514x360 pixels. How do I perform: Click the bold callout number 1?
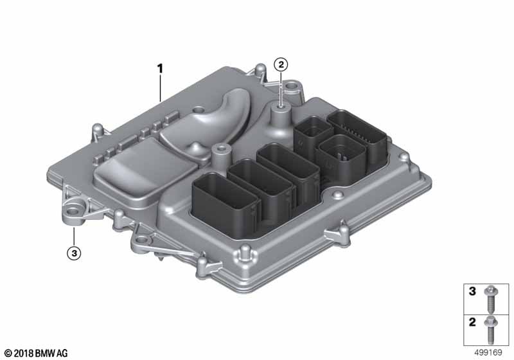(161, 67)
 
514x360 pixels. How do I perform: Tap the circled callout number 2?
(281, 64)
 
